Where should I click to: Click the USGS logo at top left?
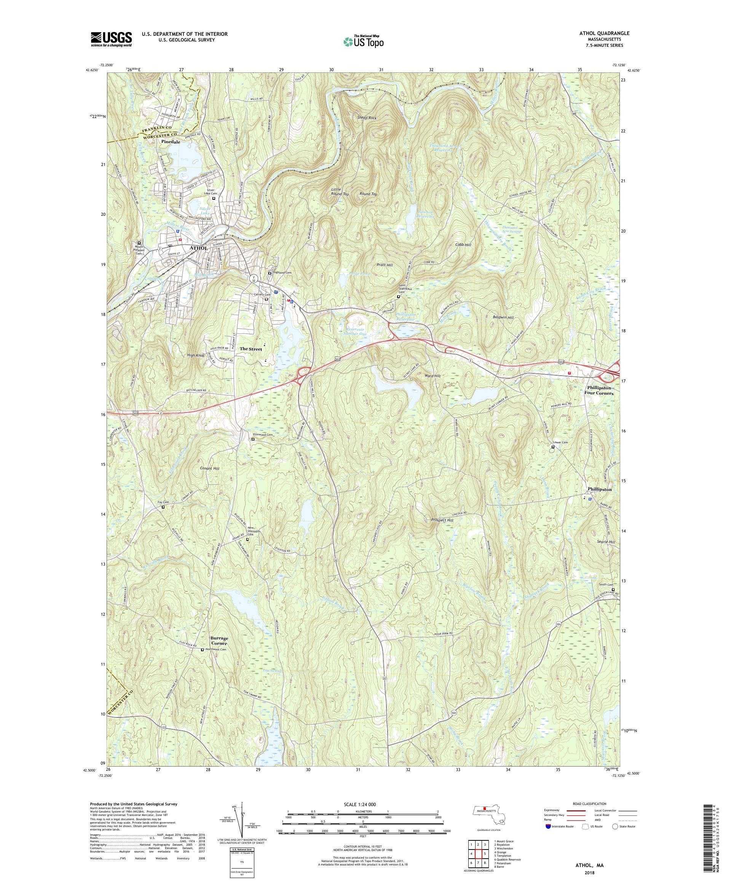(x=112, y=40)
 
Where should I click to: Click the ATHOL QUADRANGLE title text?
(x=604, y=33)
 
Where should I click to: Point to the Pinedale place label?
(x=170, y=142)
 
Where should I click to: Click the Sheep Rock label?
(x=367, y=118)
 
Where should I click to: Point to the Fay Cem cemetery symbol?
(x=163, y=507)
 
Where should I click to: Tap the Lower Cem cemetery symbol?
(x=553, y=447)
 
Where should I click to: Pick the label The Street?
(x=251, y=349)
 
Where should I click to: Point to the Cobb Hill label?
(x=463, y=245)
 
